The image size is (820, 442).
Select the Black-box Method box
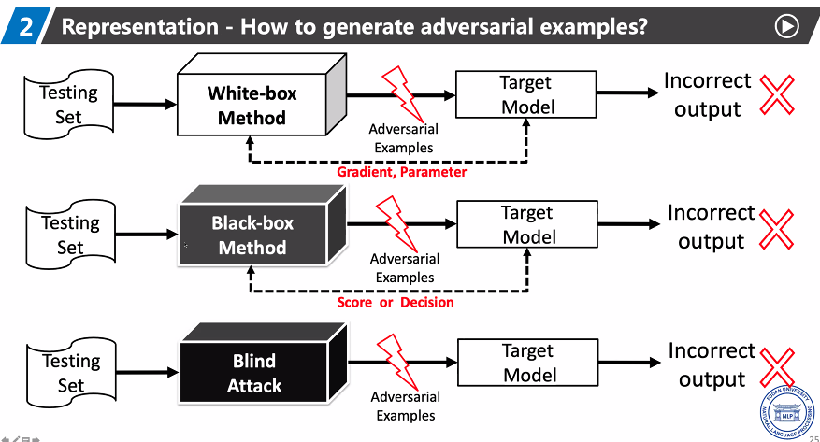(x=252, y=235)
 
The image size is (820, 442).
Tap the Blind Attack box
(x=253, y=373)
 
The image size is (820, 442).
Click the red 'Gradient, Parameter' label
(x=401, y=172)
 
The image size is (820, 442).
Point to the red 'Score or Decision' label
(x=396, y=302)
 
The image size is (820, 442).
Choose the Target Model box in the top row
(x=525, y=94)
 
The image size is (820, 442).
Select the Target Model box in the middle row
(x=527, y=225)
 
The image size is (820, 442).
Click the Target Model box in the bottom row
(x=528, y=363)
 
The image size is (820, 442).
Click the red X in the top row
(x=776, y=94)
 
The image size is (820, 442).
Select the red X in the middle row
(x=778, y=227)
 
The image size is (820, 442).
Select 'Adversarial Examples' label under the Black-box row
(x=405, y=268)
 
